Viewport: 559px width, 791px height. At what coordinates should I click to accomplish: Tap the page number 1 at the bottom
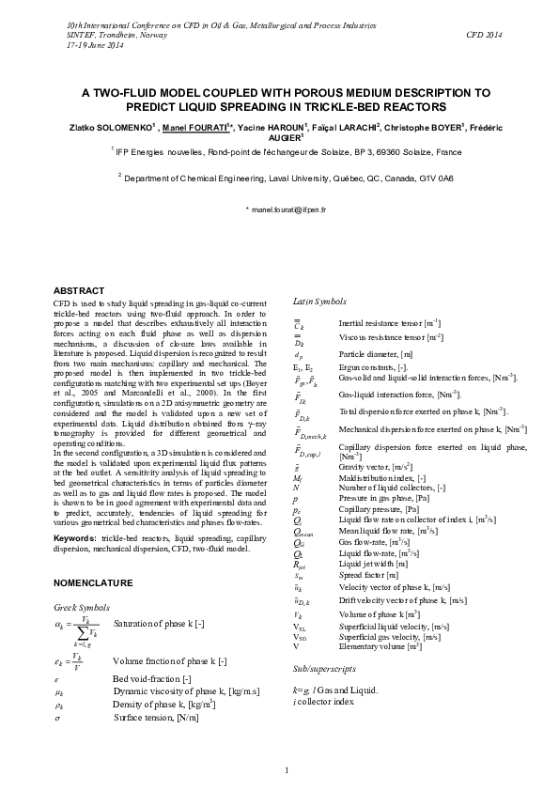(287, 771)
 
